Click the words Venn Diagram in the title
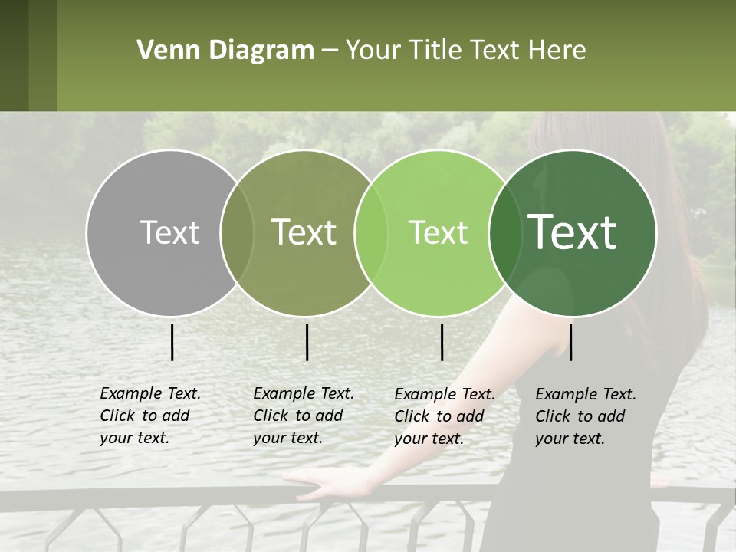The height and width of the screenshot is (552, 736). (225, 51)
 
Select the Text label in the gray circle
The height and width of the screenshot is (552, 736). (169, 232)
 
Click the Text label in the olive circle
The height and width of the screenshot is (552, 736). (304, 232)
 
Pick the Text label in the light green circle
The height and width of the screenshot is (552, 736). (439, 232)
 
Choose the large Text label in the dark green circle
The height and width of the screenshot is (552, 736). (573, 232)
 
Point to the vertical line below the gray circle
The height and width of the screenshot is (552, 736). (172, 342)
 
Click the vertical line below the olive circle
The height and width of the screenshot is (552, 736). (307, 342)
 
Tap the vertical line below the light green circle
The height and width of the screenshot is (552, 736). (442, 342)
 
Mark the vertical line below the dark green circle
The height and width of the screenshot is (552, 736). (570, 342)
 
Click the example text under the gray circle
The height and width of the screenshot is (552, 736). (150, 416)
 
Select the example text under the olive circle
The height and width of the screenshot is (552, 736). (304, 416)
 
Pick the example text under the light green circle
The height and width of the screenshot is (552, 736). (445, 416)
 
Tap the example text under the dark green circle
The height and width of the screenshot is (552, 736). (586, 416)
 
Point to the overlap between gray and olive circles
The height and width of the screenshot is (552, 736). (237, 232)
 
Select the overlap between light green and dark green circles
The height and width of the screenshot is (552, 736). (502, 232)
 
